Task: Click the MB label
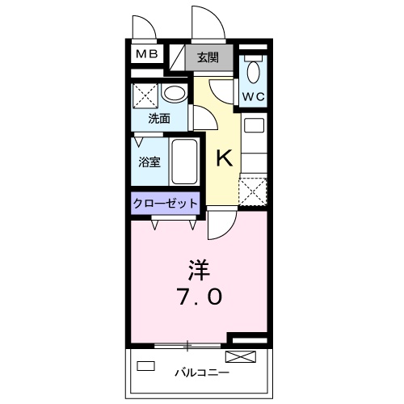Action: click(146, 54)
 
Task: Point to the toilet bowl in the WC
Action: click(253, 71)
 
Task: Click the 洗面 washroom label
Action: click(158, 117)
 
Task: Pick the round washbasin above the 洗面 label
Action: click(172, 93)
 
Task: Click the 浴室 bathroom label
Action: click(149, 162)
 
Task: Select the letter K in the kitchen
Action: click(223, 158)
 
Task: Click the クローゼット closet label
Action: click(165, 203)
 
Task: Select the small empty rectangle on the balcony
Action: click(145, 365)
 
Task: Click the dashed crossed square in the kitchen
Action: click(253, 191)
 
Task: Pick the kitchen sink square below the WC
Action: click(254, 127)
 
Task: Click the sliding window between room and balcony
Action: click(188, 346)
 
